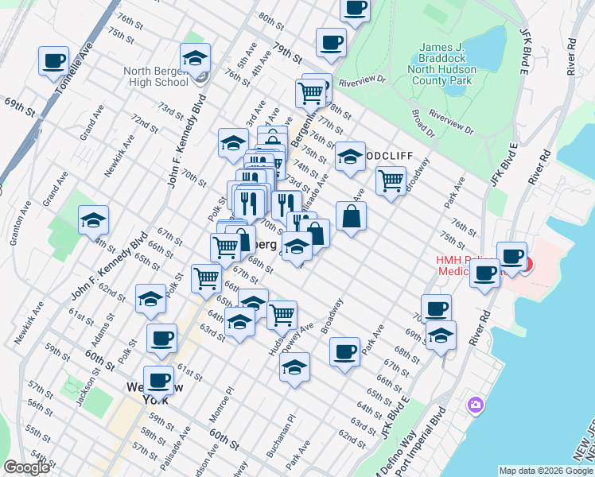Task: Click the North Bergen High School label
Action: click(x=156, y=76)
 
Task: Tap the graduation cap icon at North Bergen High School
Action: click(x=195, y=58)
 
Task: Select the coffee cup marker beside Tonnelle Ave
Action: click(x=54, y=60)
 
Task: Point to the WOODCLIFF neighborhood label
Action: click(x=389, y=155)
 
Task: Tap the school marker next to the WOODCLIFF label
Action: click(x=349, y=157)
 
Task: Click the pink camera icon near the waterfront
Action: click(x=476, y=405)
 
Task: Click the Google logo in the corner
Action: click(x=26, y=468)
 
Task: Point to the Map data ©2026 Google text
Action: click(x=545, y=471)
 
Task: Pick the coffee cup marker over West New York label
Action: click(x=158, y=380)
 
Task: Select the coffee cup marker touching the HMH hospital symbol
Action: click(x=511, y=258)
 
